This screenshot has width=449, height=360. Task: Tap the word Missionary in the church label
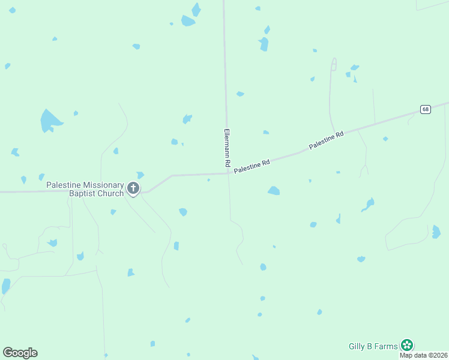click(102, 185)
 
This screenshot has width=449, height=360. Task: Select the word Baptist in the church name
click(83, 194)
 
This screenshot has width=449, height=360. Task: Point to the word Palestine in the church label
click(62, 185)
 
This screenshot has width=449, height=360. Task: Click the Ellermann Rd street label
click(227, 147)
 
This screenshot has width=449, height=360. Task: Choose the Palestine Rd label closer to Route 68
click(326, 141)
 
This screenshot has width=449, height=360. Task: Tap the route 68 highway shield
click(425, 109)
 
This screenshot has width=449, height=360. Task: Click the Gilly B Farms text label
click(373, 346)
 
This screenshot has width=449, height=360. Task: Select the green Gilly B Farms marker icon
click(407, 345)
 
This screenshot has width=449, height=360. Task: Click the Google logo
click(20, 352)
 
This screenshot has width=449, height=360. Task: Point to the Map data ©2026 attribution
click(423, 355)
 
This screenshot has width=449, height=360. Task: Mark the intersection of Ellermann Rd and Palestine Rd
click(228, 174)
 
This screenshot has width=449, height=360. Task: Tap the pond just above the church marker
click(140, 175)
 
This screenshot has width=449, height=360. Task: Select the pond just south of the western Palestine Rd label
click(274, 191)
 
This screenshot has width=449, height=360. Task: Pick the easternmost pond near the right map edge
click(436, 232)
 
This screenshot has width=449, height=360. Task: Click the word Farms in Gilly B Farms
click(387, 346)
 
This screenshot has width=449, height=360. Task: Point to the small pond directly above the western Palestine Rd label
click(265, 132)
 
